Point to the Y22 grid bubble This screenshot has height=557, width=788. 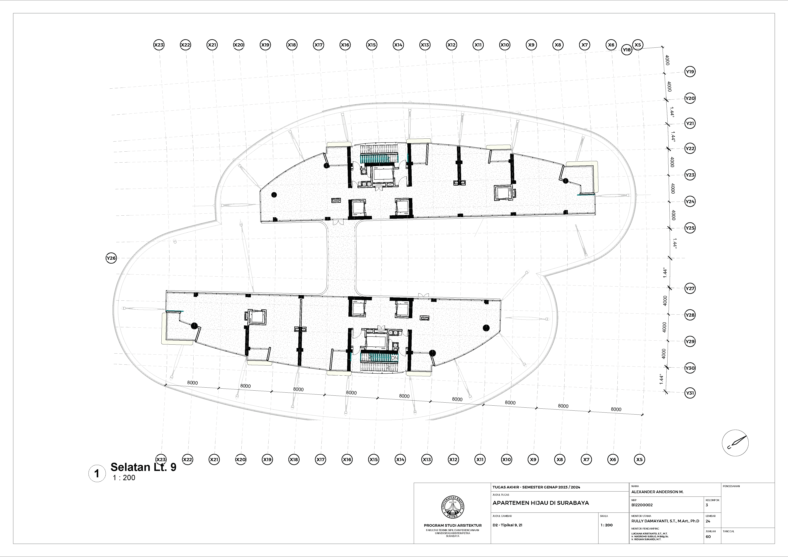(x=690, y=149)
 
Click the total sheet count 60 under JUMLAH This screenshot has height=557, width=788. (x=708, y=537)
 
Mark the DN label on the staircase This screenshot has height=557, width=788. (x=395, y=358)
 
